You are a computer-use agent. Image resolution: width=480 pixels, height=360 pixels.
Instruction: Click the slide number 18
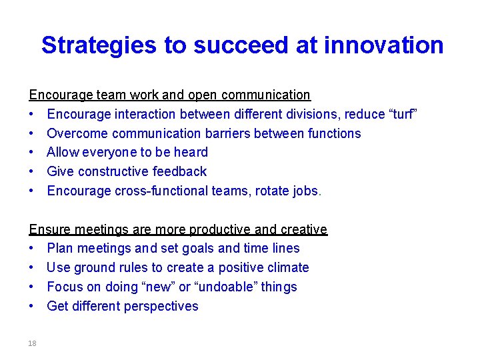coord(32,343)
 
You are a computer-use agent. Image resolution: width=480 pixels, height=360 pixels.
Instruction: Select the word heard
coord(190,152)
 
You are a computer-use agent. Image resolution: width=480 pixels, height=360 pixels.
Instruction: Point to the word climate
coord(285,267)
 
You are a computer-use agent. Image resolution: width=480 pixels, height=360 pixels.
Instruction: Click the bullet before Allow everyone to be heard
coord(32,153)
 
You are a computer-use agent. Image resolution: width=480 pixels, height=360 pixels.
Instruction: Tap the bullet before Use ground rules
coord(32,268)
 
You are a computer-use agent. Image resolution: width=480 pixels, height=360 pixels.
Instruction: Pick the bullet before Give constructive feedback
coord(32,172)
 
